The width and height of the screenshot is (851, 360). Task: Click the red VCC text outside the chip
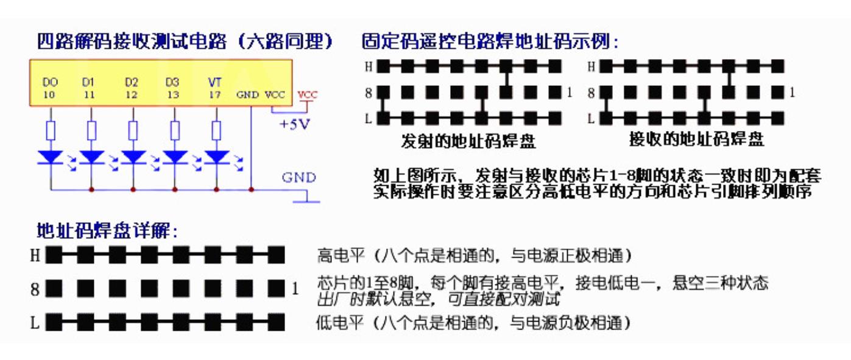308,95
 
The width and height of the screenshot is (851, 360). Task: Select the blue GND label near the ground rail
298,178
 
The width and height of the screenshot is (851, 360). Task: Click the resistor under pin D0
51,130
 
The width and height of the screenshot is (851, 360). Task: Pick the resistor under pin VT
216,130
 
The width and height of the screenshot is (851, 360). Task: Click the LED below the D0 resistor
51,157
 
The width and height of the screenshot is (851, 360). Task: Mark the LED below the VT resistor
216,157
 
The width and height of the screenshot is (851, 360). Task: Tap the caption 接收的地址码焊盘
696,139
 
